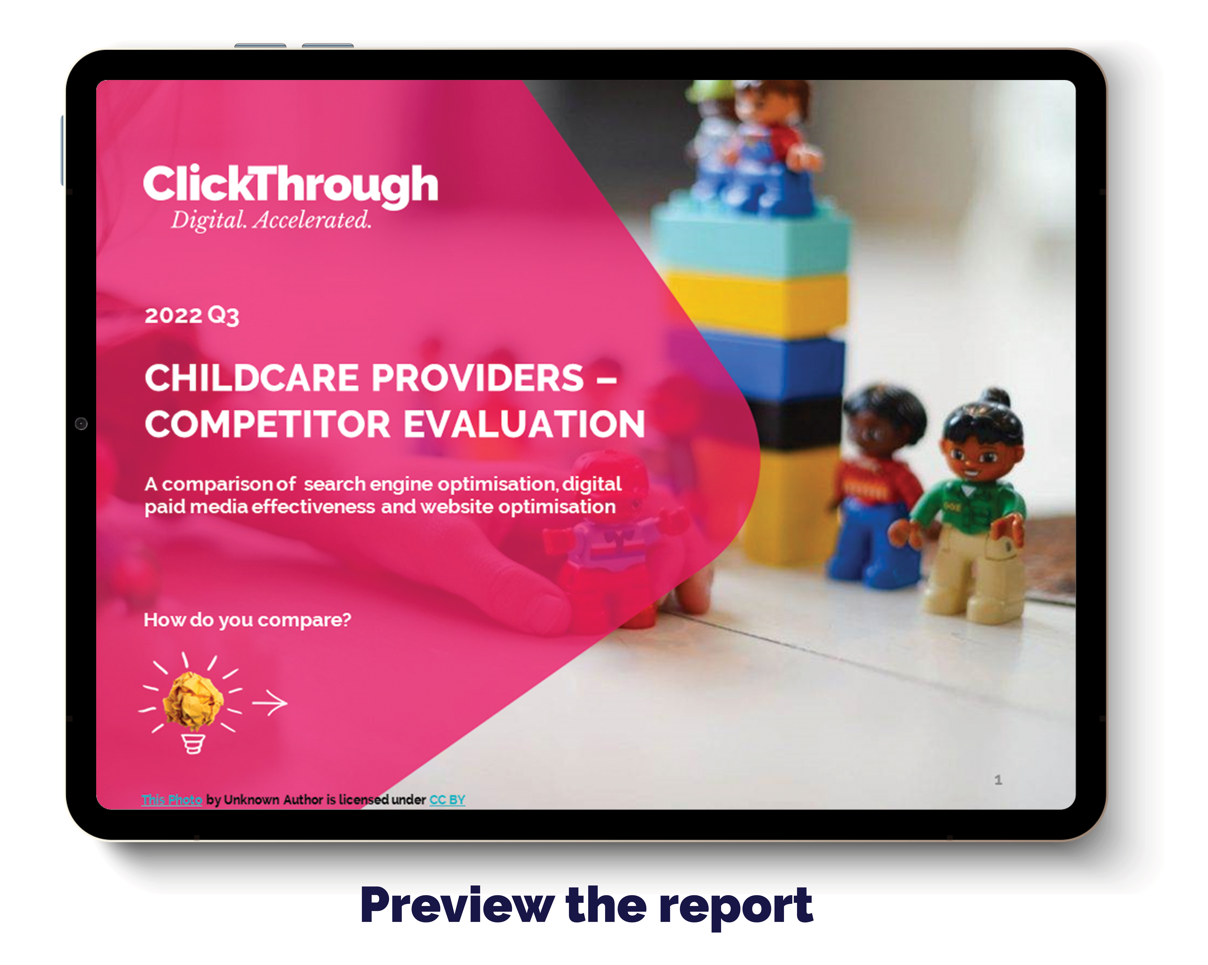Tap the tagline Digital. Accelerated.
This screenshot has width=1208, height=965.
(x=271, y=220)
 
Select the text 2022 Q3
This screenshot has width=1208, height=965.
(x=192, y=315)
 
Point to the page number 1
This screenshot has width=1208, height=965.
(x=998, y=780)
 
